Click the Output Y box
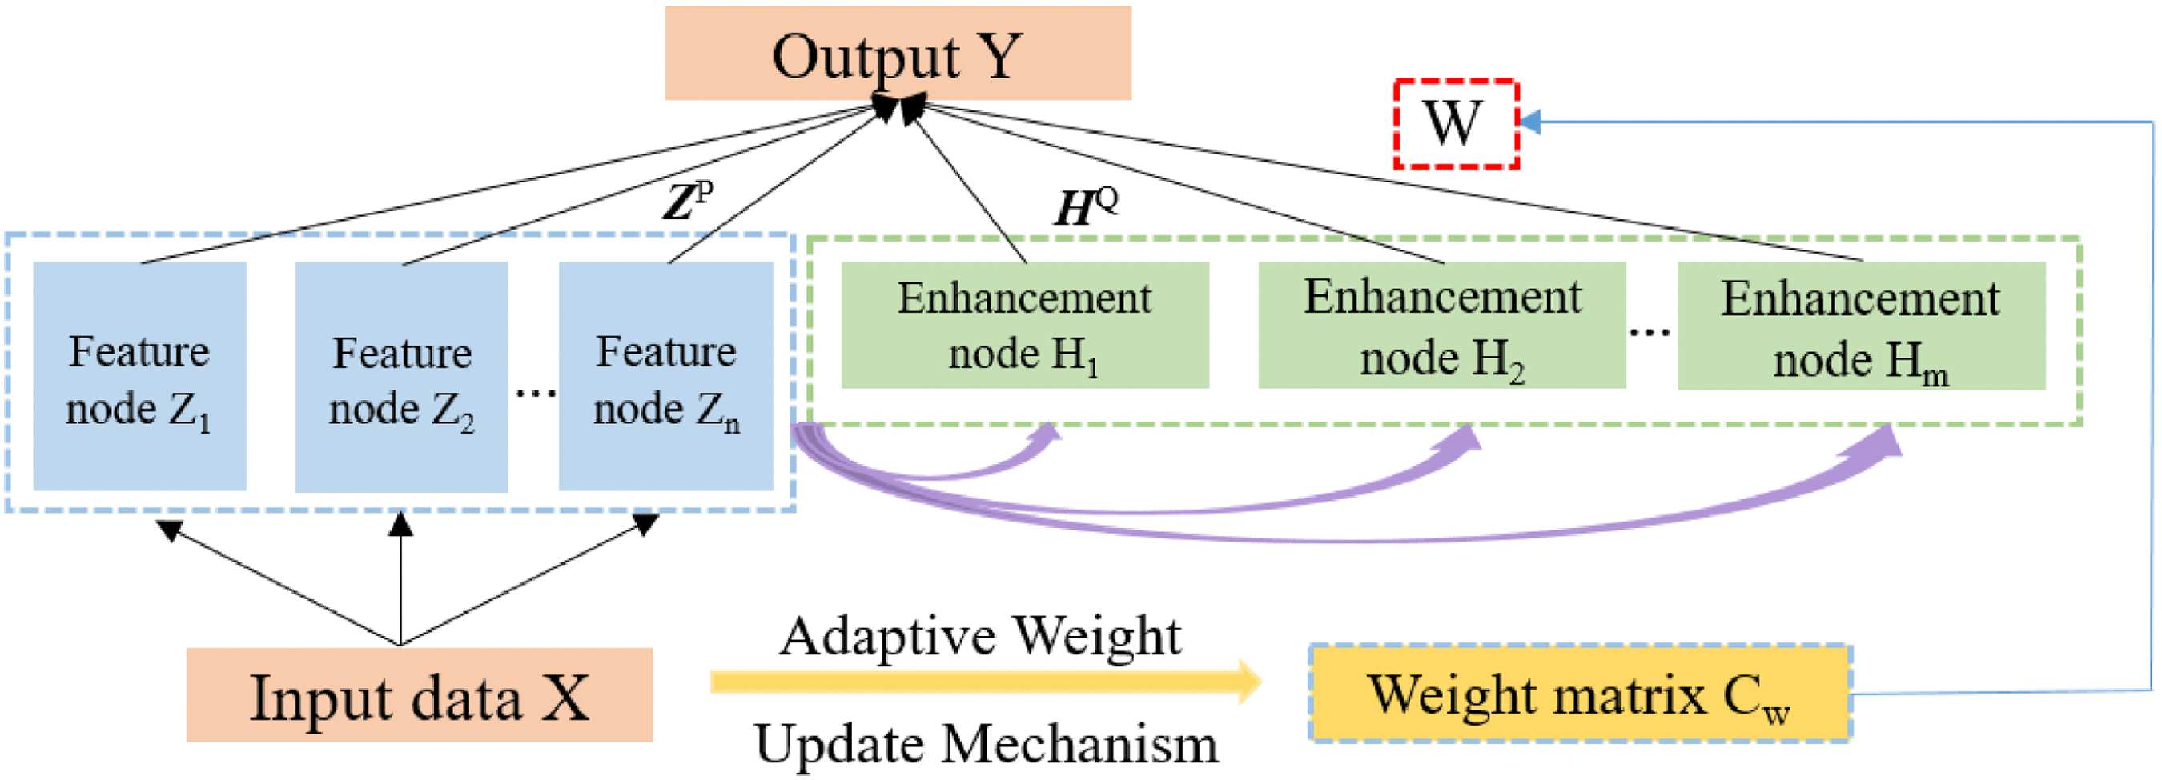pos(898,54)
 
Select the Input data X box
pos(419,695)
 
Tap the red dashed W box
pos(1457,124)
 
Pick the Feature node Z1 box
pos(139,377)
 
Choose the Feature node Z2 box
pos(401,378)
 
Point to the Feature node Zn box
pos(666,377)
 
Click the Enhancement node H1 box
pos(1025,326)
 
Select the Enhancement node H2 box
pos(1442,326)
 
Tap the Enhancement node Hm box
pos(1861,326)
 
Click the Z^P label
pos(687,202)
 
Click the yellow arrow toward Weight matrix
pos(987,682)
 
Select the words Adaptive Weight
pos(980,636)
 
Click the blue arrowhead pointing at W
pos(1530,122)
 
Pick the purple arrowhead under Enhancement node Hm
pos(1881,441)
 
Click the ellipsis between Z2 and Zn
pos(535,392)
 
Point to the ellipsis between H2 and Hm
pos(1650,332)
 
